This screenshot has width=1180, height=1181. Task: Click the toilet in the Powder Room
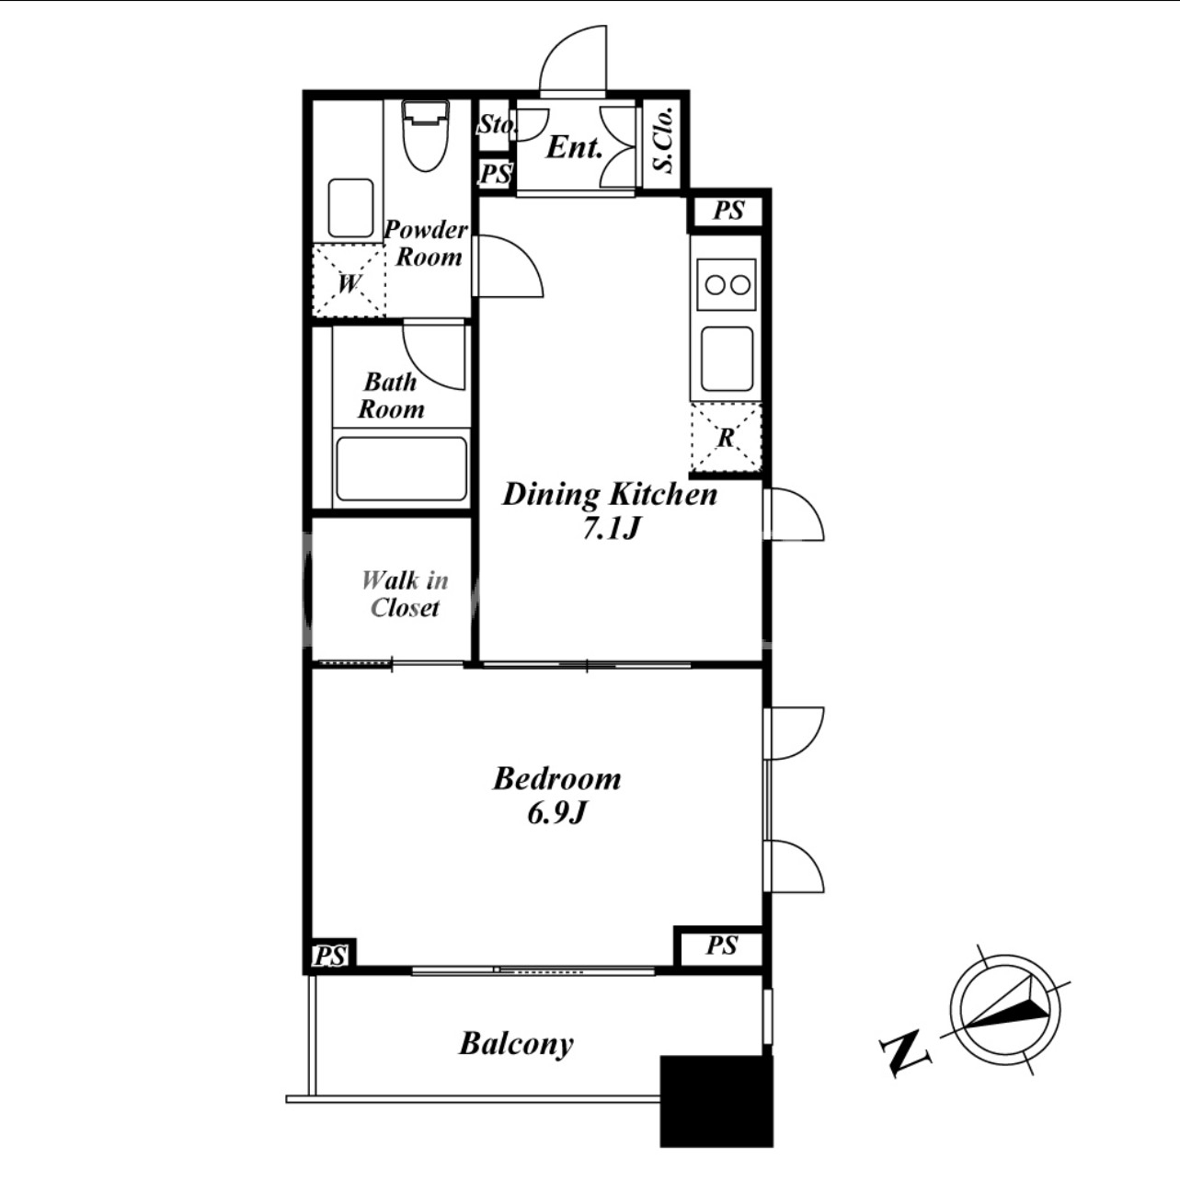(x=425, y=135)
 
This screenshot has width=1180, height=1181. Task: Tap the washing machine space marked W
(x=349, y=281)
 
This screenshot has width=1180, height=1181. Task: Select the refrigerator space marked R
(x=726, y=438)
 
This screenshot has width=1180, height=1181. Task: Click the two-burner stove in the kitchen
(x=727, y=284)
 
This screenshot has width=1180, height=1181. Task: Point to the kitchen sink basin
(x=727, y=359)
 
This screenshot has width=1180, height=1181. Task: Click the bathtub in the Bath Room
(x=402, y=469)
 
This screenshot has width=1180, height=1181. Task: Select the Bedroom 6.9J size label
(x=557, y=795)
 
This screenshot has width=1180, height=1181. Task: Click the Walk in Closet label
(x=406, y=593)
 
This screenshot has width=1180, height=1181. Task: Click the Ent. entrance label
(x=575, y=147)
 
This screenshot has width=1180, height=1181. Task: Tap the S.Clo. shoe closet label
(x=664, y=140)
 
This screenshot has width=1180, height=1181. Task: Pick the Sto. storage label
(x=496, y=124)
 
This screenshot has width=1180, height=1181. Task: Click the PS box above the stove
(x=728, y=211)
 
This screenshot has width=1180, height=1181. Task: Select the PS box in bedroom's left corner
(x=331, y=956)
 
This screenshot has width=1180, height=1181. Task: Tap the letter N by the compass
(x=905, y=1053)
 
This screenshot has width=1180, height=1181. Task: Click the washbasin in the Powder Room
(x=350, y=208)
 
